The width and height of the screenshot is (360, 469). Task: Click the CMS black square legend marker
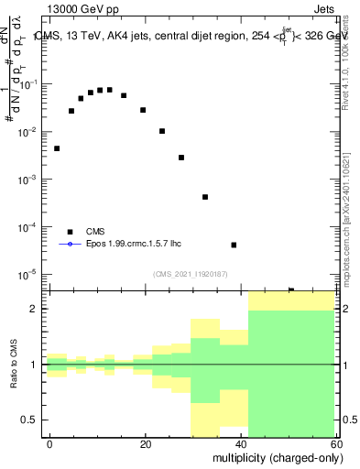pyautogui.click(x=70, y=232)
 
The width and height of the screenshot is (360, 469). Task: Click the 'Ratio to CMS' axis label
pyautogui.click(x=14, y=365)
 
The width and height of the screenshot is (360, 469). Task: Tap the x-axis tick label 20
pyautogui.click(x=146, y=443)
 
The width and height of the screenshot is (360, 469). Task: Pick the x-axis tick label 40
pyautogui.click(x=242, y=443)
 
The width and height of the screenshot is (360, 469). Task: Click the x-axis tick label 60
pyautogui.click(x=337, y=443)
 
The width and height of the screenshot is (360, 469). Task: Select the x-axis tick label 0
pyautogui.click(x=50, y=443)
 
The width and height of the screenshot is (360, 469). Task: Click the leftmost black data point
pyautogui.click(x=57, y=148)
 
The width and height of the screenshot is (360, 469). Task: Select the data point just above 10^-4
pyautogui.click(x=205, y=197)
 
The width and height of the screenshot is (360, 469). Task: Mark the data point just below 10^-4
pyautogui.click(x=234, y=245)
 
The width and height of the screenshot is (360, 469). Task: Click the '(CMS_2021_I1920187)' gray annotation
pyautogui.click(x=191, y=273)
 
